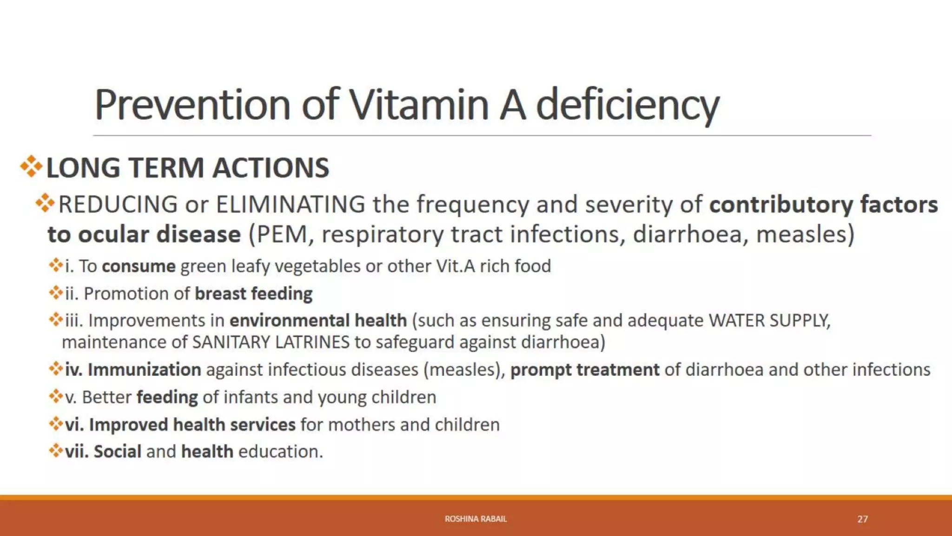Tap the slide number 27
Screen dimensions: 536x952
862,519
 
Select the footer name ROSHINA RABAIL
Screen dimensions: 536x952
476,519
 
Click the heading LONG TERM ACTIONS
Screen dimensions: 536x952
188,167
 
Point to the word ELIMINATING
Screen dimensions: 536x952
291,205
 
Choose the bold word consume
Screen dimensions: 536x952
139,266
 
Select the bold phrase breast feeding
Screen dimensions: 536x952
253,294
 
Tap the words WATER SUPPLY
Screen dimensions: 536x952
769,321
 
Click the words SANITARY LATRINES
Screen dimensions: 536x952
271,342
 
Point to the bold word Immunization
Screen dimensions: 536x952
144,369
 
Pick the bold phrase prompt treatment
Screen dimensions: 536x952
585,369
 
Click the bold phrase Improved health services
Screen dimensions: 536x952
192,424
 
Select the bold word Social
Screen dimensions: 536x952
117,451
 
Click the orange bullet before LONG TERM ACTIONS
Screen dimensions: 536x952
31,167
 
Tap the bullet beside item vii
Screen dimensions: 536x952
56,450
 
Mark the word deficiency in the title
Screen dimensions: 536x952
628,105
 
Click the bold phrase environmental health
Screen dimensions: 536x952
318,321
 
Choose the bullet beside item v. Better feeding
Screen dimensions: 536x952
56,396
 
